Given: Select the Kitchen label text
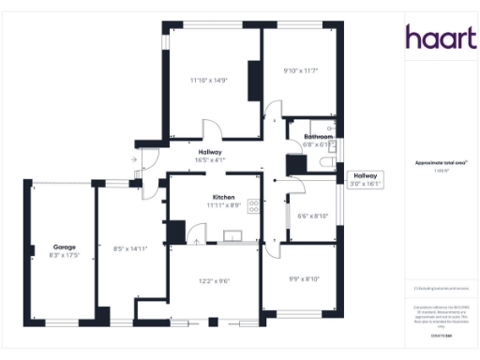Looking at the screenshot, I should [x=223, y=196].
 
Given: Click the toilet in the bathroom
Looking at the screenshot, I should [x=324, y=163].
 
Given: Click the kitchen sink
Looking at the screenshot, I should [x=230, y=237].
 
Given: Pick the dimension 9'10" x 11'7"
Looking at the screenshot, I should [x=302, y=70].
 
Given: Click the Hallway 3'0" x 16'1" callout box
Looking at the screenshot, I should [x=365, y=180].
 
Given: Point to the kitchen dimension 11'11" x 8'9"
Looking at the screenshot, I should [x=223, y=204].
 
